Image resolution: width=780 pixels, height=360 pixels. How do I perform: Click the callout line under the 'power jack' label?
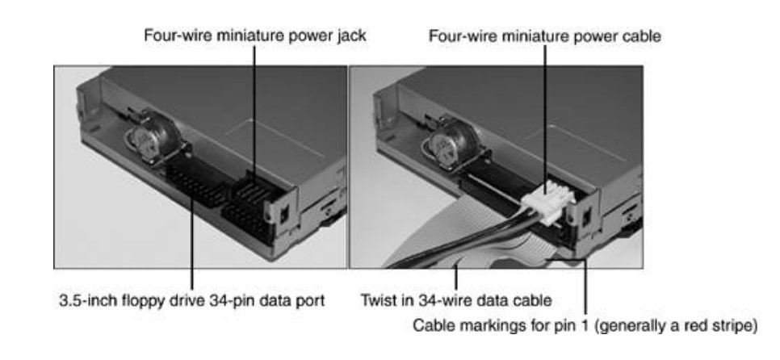(254, 97)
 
